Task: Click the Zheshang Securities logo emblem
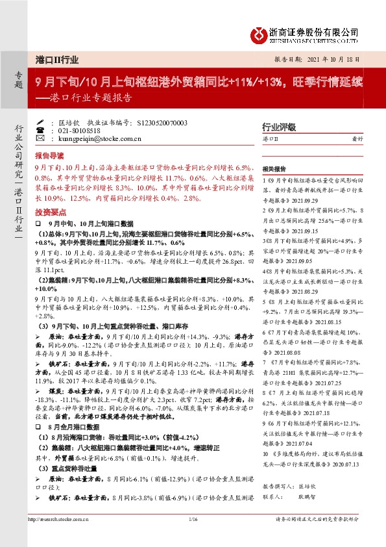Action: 257,34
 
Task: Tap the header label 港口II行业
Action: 58,58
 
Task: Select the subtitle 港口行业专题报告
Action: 90,99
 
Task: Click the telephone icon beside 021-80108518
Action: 40,130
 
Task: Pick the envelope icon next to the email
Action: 40,138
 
